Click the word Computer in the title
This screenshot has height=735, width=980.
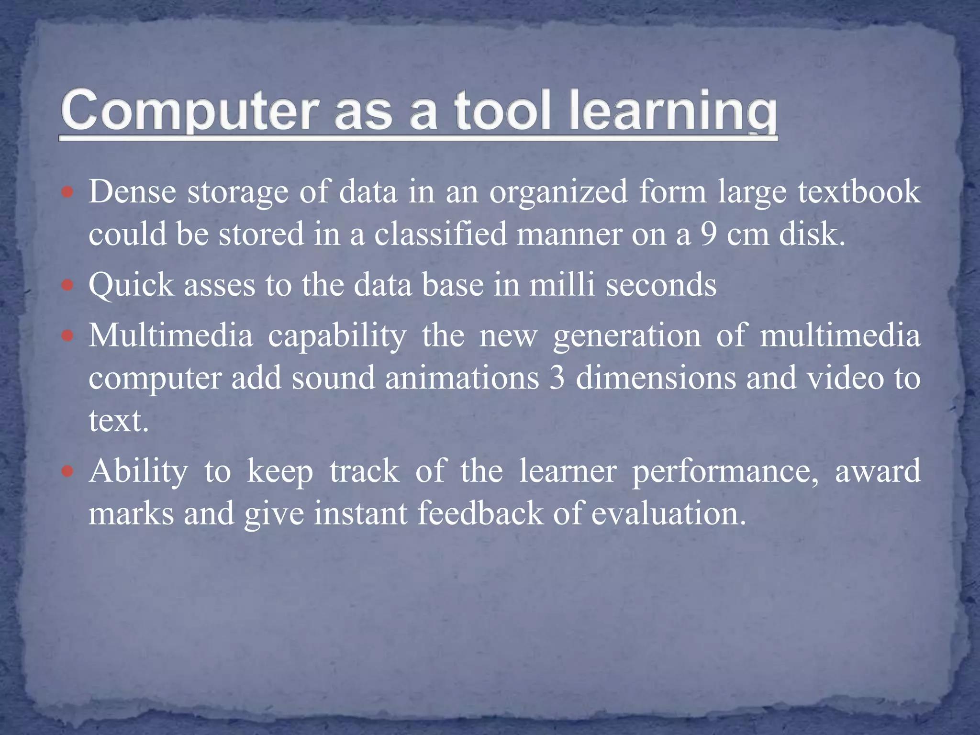click(x=189, y=111)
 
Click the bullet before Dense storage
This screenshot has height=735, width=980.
click(x=67, y=192)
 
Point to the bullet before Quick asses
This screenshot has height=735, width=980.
click(x=67, y=286)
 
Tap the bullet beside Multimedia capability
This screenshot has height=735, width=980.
click(x=67, y=336)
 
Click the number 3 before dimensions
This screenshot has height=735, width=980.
click(x=557, y=378)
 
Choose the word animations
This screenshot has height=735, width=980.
click(x=462, y=378)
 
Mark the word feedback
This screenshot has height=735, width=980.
click(x=480, y=513)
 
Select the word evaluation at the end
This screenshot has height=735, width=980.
click(x=668, y=513)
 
